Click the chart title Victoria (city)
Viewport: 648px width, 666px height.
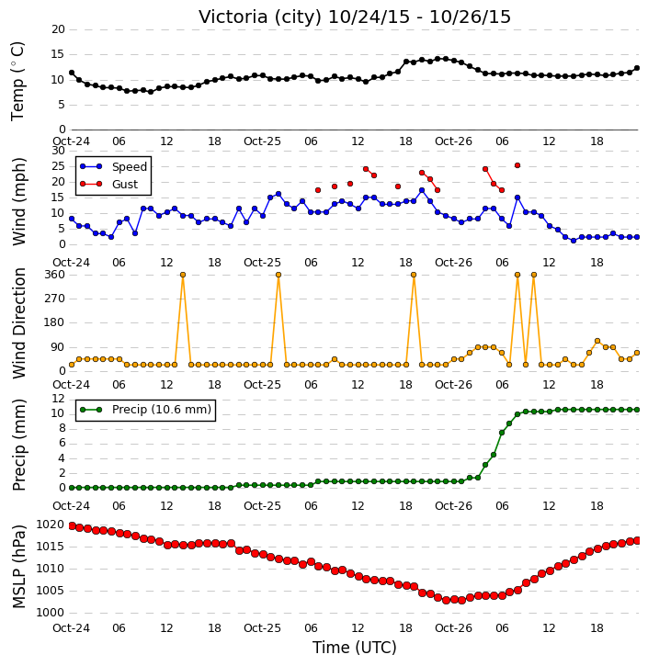[260, 17]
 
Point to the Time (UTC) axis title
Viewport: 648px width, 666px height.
[355, 648]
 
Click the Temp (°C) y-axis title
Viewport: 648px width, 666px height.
[17, 81]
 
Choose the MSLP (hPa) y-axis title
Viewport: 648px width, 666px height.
[18, 567]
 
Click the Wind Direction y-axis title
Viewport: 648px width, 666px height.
[18, 323]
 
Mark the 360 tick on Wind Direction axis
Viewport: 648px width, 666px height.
[55, 275]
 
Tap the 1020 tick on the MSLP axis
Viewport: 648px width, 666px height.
[51, 525]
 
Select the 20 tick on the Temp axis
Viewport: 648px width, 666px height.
[58, 29]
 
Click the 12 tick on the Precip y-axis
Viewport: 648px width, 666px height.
[58, 399]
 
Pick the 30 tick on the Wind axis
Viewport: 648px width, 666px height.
[58, 151]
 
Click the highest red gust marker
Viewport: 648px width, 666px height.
[517, 165]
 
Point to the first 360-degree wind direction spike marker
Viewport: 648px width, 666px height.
[183, 275]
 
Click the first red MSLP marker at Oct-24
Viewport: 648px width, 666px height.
[72, 525]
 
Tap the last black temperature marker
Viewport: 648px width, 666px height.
[637, 68]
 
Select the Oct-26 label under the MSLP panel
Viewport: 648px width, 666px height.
[453, 627]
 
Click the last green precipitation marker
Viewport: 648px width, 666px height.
[637, 410]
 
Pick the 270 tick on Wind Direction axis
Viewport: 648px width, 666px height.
[55, 299]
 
